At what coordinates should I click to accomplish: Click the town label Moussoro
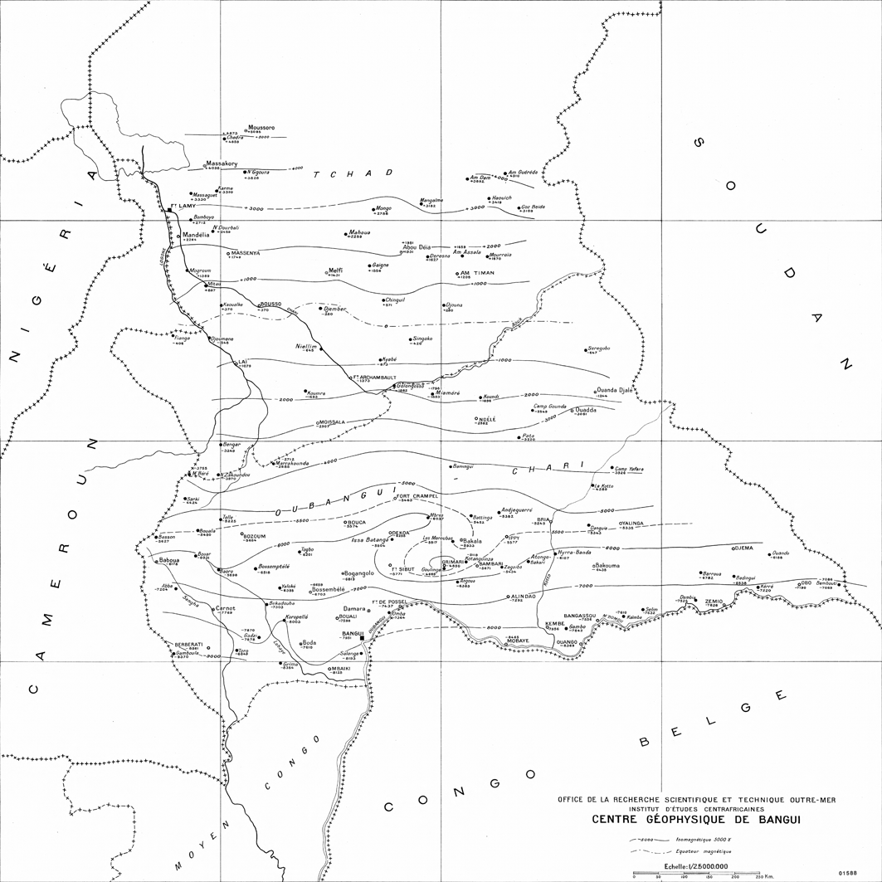point(261,127)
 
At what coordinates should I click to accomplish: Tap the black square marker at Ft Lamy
point(168,211)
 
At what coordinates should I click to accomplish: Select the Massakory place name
point(222,163)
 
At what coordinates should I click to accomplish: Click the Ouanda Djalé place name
point(615,390)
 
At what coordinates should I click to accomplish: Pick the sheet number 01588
point(848,873)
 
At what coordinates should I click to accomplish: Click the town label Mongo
point(383,208)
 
